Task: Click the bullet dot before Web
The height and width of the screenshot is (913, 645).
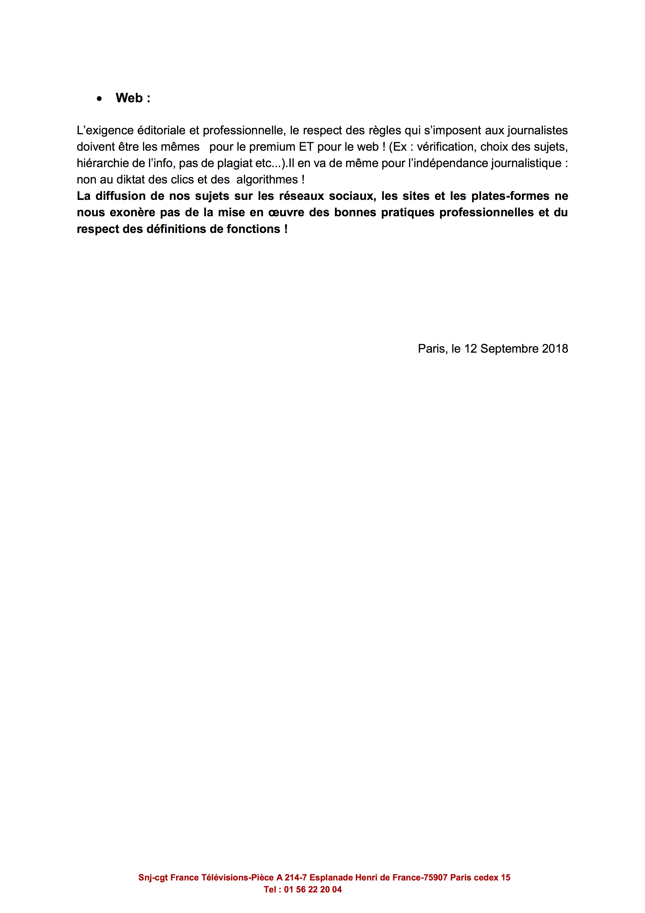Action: pyautogui.click(x=99, y=99)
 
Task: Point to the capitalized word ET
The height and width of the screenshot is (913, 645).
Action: pyautogui.click(x=306, y=147)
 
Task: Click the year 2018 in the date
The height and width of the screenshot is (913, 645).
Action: pyautogui.click(x=555, y=349)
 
